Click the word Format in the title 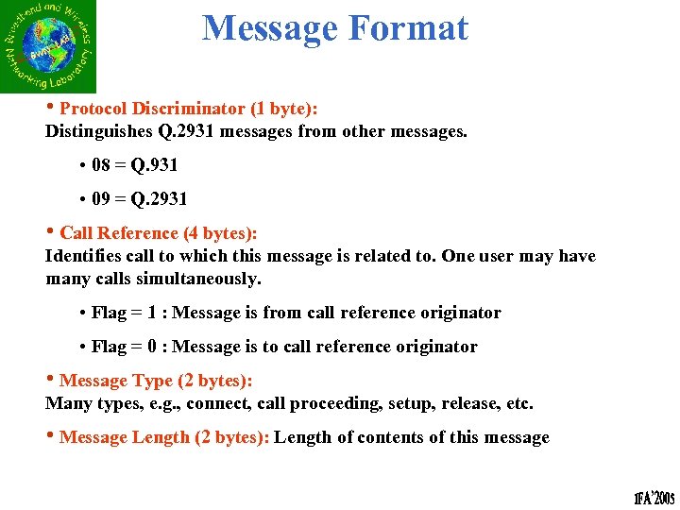[409, 28]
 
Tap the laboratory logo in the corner [48, 46]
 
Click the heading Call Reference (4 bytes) [158, 232]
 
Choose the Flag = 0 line [284, 347]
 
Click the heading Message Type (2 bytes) [156, 381]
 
